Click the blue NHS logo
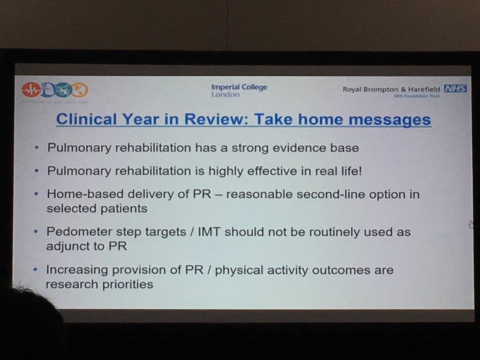point(455,89)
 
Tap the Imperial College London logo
point(239,90)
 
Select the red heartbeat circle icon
point(31,90)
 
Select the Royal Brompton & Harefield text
point(391,89)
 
